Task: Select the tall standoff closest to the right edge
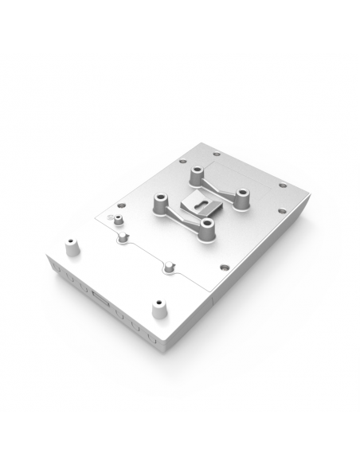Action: click(241, 197)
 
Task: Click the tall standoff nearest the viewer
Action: click(208, 229)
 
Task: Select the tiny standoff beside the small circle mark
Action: click(118, 219)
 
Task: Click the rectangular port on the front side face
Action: click(100, 297)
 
